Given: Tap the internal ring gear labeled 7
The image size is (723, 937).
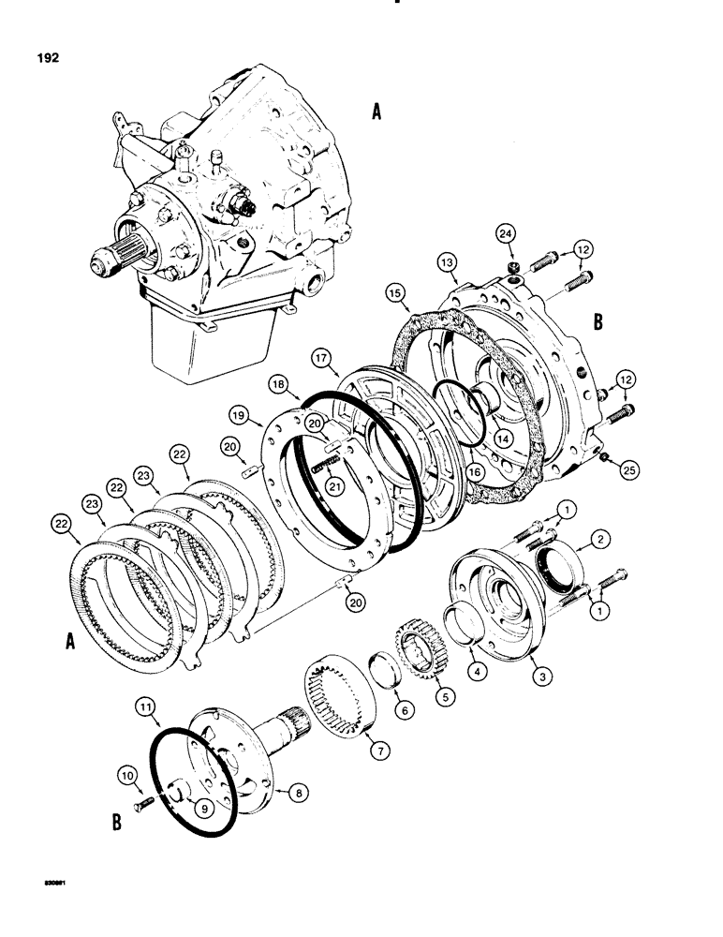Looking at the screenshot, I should [x=343, y=691].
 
